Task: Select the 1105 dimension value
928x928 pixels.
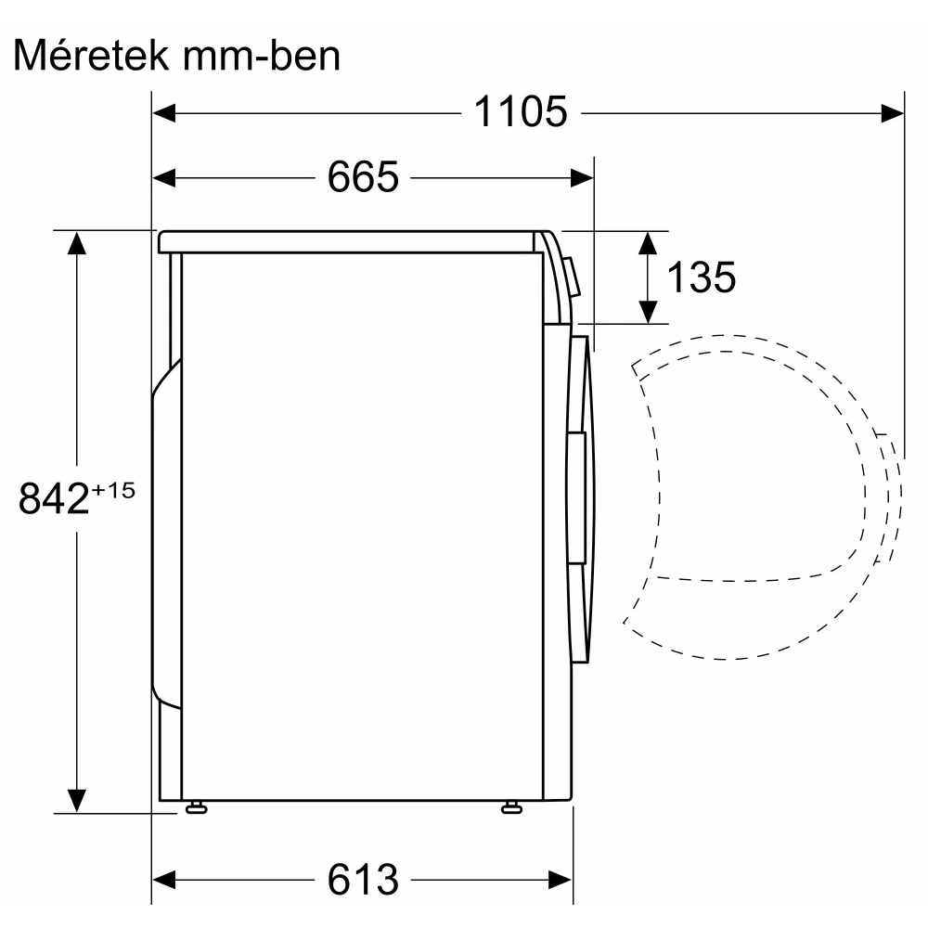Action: coord(521,112)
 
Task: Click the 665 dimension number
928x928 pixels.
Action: coord(363,177)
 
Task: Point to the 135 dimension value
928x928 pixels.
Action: coord(702,277)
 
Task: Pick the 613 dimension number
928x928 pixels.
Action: coord(363,880)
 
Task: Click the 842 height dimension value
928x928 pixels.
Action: coord(54,498)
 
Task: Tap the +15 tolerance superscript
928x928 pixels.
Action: coord(113,490)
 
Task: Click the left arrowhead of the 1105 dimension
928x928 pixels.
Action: coord(164,113)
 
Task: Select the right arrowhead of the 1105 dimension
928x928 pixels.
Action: coord(893,113)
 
